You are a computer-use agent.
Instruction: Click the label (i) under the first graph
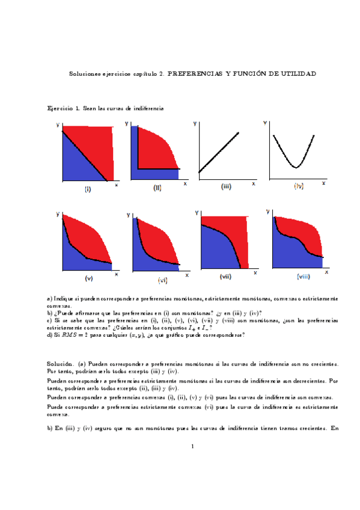point(88,189)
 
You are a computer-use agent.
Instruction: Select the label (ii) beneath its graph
point(157,188)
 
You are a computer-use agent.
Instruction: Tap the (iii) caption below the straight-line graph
point(226,186)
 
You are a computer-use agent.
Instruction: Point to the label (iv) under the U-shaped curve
point(299,186)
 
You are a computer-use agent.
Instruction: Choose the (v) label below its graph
point(89,278)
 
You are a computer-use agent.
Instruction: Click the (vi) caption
point(162,280)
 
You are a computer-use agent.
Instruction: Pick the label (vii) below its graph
point(226,277)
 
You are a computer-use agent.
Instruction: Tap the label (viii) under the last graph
point(303,277)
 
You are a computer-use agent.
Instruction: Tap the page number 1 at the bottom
point(191,446)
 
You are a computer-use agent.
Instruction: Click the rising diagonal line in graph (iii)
point(219,152)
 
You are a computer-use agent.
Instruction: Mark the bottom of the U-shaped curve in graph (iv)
point(295,167)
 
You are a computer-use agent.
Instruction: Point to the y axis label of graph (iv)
point(265,123)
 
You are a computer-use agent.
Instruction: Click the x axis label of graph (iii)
point(254,183)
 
